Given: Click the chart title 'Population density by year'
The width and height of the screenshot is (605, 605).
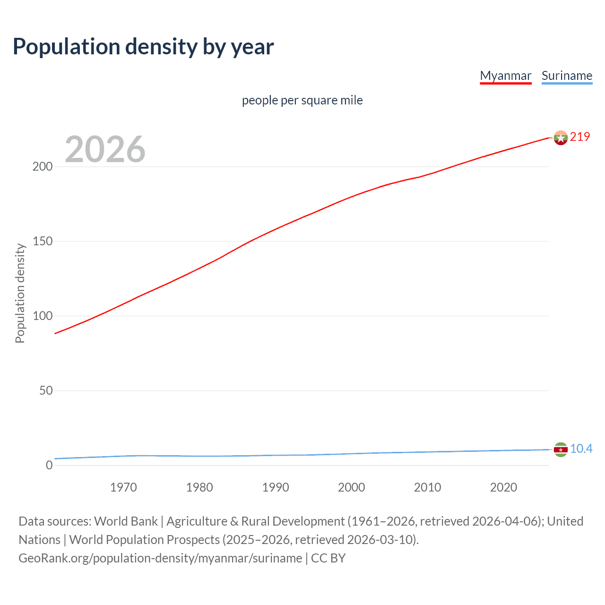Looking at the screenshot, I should coord(143,47).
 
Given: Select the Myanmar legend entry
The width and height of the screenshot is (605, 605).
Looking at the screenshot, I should coord(505,76).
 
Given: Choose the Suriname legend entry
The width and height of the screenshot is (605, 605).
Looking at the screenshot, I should coord(567,76).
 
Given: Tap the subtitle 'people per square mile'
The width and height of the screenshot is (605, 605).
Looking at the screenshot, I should coord(302,100).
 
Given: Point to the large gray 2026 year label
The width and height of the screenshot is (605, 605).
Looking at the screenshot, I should coord(105,149).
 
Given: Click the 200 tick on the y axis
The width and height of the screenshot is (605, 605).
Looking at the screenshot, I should coord(43,167).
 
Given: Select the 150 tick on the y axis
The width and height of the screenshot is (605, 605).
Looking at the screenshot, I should coord(43,242).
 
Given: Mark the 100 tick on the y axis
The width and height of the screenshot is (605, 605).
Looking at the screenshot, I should coord(43,316).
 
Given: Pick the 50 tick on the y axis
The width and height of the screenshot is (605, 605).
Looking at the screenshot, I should coord(46,391).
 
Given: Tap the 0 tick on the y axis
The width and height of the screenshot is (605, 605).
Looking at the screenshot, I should coord(49,466).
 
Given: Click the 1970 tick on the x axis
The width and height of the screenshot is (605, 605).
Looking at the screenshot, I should coord(123,487).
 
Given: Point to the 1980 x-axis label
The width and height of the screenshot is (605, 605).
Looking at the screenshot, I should coord(199,487).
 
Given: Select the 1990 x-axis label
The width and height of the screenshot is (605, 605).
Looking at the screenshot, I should coord(276,487).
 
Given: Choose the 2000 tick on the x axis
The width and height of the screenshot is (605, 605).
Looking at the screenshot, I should coord(351,487).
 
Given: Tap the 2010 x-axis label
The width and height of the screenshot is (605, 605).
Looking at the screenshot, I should coord(427,487).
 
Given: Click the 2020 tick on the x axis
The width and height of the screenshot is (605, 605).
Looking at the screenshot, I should coord(503,487).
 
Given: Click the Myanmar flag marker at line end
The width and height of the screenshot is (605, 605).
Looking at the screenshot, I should coord(561,138).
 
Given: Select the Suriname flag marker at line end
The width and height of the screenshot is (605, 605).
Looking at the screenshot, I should coord(561,449).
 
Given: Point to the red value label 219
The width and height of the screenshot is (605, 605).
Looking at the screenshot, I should coord(580,137).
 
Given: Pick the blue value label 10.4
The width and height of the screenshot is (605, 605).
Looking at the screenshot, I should coord(581,449).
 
